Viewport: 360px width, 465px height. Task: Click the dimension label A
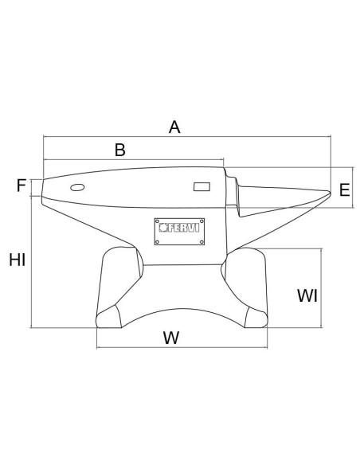click(x=174, y=127)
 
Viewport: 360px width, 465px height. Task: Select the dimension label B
click(x=120, y=150)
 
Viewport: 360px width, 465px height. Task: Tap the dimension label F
click(x=22, y=186)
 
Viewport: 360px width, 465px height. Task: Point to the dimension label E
click(x=344, y=190)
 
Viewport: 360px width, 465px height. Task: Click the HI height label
click(x=18, y=260)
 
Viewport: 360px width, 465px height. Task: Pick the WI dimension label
click(x=307, y=295)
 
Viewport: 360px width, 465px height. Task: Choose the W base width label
click(x=171, y=338)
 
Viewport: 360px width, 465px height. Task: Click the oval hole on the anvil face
click(x=77, y=187)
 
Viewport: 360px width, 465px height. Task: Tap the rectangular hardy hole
click(x=202, y=187)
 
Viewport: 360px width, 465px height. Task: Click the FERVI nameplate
click(x=179, y=232)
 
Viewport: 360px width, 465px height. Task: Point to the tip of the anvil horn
click(x=331, y=193)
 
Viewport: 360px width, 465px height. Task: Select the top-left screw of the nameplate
click(x=158, y=221)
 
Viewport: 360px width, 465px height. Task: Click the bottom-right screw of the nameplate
click(x=202, y=242)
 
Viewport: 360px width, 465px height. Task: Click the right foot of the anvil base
click(x=256, y=318)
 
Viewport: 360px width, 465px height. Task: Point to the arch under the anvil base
click(x=182, y=309)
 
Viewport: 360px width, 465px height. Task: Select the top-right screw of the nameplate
click(x=202, y=221)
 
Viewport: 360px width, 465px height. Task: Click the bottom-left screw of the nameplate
click(x=158, y=242)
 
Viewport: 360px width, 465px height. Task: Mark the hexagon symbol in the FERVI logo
click(x=163, y=228)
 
